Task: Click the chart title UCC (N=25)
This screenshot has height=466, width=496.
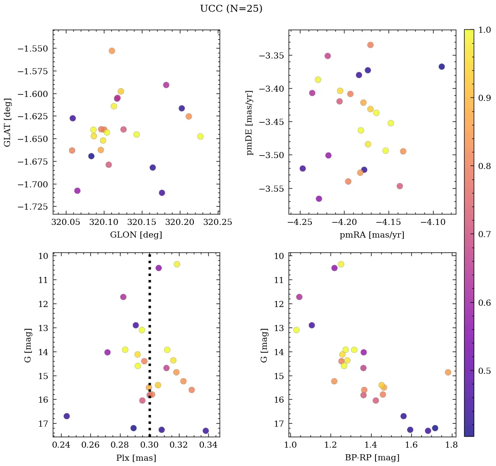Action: click(231, 9)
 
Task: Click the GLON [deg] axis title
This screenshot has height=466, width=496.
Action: click(136, 235)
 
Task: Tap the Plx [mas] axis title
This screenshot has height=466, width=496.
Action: click(136, 458)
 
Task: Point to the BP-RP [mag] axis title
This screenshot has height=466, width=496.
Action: click(372, 458)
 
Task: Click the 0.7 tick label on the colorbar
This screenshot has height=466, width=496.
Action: click(484, 235)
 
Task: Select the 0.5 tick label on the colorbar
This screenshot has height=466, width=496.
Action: click(484, 371)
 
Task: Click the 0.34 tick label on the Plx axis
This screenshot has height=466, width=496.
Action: click(208, 445)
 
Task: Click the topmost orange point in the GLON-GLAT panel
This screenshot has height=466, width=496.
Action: click(112, 51)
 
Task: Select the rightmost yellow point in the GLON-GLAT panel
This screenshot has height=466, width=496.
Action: click(200, 136)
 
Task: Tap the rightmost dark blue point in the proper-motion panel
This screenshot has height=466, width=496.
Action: click(441, 66)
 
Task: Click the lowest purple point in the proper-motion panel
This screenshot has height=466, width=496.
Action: click(319, 199)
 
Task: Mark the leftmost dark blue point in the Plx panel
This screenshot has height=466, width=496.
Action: click(66, 416)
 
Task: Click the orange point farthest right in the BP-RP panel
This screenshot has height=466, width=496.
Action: click(448, 372)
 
